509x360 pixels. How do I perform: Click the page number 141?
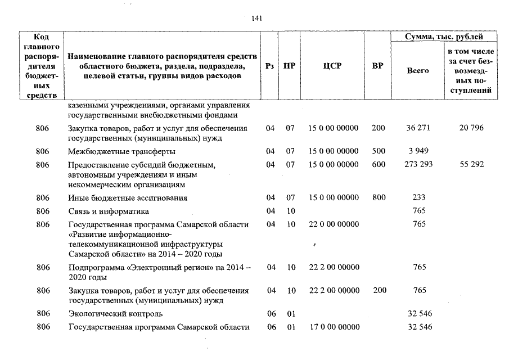256,18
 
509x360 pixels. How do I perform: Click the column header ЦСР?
333,66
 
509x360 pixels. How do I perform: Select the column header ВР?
378,66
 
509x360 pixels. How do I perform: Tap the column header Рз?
269,66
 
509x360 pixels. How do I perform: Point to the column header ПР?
290,66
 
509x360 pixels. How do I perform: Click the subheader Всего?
418,71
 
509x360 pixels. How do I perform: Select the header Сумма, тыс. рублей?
445,37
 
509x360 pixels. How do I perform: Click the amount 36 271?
418,128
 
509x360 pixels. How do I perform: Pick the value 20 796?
471,128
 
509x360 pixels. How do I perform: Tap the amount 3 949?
418,151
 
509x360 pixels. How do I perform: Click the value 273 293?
418,164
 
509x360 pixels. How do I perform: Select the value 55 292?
471,164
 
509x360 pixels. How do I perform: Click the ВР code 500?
379,151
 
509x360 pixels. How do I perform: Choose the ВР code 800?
379,197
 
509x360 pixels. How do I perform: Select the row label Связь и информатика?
108,211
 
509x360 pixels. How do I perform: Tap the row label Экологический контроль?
115,313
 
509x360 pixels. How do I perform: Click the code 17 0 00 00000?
334,327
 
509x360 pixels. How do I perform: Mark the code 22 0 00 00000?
334,224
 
